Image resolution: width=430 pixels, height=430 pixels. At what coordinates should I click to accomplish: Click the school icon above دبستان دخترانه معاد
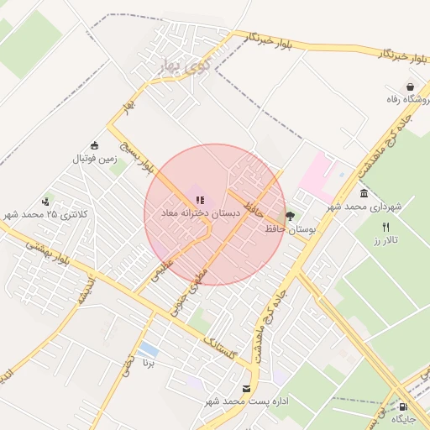[200, 201]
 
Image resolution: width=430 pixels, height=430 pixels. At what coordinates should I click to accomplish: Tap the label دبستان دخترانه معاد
[200, 215]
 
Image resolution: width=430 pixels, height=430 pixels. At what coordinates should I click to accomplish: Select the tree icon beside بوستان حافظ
[291, 215]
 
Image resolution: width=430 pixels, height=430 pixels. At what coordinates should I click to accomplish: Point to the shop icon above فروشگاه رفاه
[410, 87]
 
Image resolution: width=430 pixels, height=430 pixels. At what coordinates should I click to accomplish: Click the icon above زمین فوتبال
[94, 144]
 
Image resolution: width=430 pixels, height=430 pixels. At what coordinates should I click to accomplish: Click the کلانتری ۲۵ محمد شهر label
[45, 215]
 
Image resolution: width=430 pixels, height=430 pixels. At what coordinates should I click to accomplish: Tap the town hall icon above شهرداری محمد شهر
[364, 193]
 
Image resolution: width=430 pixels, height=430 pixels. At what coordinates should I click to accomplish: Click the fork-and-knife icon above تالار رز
[385, 227]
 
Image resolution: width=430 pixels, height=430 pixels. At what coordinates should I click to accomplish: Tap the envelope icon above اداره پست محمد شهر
[246, 389]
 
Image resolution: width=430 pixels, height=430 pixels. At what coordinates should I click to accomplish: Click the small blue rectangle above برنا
[148, 349]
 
